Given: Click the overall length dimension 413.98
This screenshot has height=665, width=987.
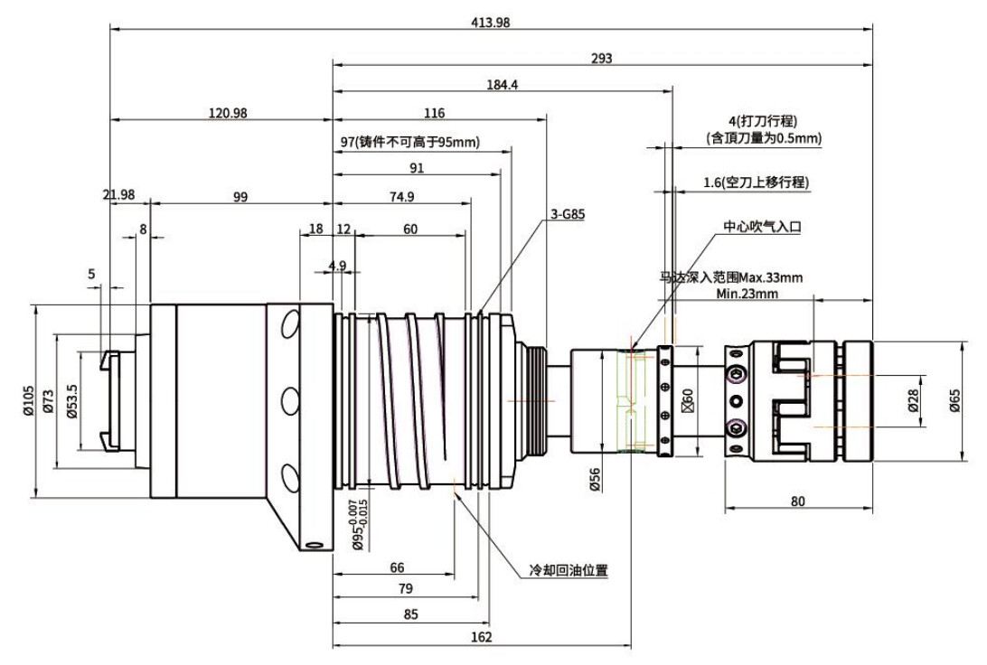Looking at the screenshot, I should (x=491, y=23).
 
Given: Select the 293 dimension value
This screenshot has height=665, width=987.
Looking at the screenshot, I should (x=602, y=59).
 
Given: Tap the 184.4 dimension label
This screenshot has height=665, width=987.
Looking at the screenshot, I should (x=503, y=85).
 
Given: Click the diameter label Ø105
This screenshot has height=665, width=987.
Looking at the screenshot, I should (x=28, y=400).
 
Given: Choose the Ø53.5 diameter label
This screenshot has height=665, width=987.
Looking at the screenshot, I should (x=71, y=400).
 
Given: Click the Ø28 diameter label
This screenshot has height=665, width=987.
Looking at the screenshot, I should (x=913, y=399).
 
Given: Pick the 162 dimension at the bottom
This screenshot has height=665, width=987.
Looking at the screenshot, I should (x=481, y=638).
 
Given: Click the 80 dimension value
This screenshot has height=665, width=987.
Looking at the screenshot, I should (x=799, y=501).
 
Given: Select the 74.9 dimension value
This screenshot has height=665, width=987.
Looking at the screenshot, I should (x=401, y=198).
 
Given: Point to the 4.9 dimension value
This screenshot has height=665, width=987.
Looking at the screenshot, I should (x=336, y=265).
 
